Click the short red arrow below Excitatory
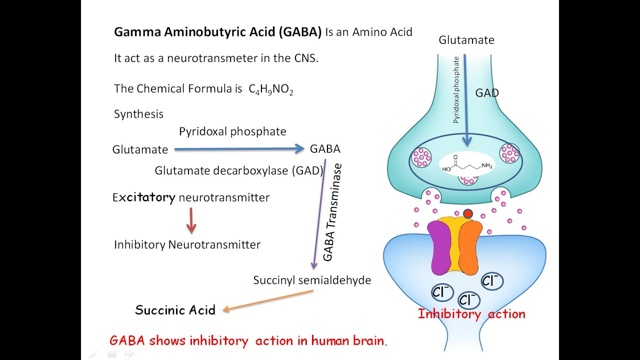point(190,221)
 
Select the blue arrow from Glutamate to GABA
point(239,148)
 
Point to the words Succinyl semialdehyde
point(312,280)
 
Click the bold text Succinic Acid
point(175,310)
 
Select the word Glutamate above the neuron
point(466,40)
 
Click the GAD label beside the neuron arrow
point(486,93)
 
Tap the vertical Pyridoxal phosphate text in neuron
point(456,90)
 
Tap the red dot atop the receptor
point(467,214)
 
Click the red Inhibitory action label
point(471,314)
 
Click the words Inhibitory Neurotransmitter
point(187,245)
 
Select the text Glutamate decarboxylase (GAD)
point(239,170)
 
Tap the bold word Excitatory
point(144,197)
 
